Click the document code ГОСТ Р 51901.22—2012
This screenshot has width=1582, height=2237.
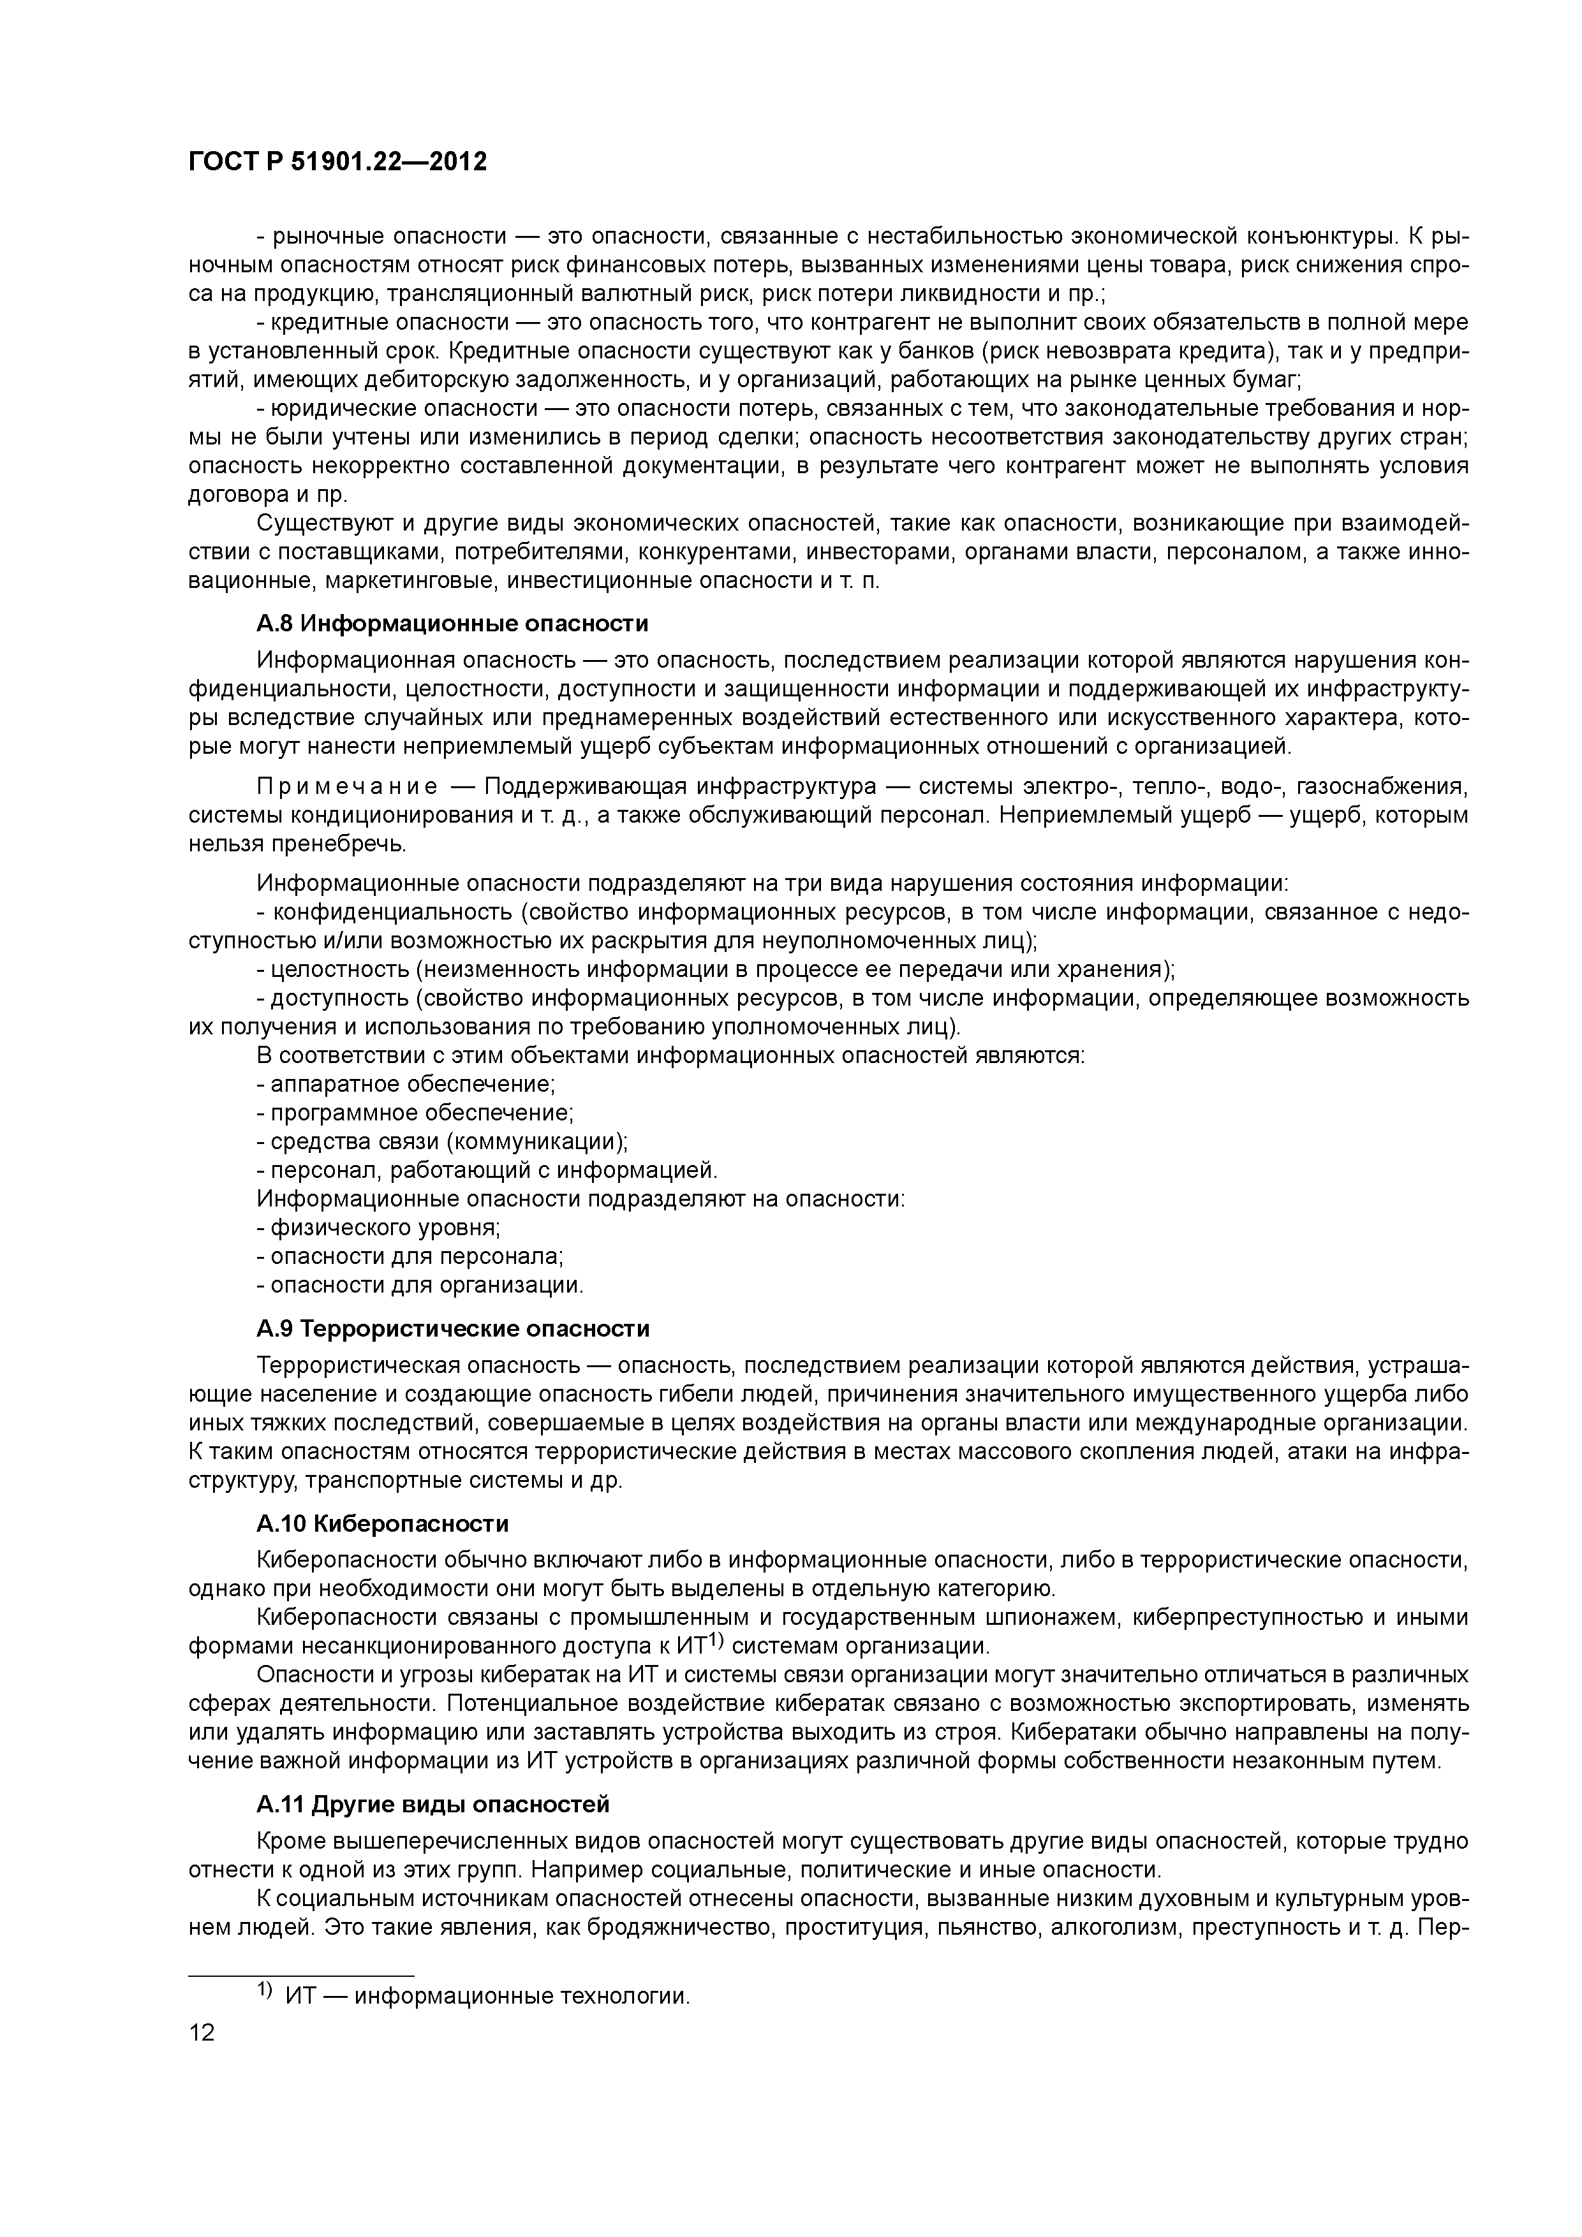pos(337,162)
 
